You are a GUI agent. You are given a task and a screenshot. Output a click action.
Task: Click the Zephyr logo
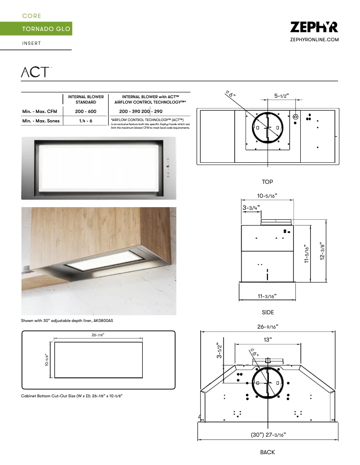(314, 27)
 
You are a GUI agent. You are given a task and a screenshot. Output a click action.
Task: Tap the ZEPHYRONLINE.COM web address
(315, 40)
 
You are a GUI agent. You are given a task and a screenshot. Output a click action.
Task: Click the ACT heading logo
(35, 72)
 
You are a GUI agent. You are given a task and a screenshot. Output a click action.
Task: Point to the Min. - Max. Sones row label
(41, 121)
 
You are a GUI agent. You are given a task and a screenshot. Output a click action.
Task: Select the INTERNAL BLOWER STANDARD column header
(86, 99)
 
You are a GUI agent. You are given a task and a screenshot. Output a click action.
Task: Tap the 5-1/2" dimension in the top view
(285, 96)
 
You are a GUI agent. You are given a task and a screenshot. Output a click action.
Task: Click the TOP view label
(268, 182)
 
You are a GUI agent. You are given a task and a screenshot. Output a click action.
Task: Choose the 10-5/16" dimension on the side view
(267, 196)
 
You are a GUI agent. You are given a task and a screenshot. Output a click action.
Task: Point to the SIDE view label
(268, 312)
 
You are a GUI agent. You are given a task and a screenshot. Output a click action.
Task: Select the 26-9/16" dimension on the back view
(268, 326)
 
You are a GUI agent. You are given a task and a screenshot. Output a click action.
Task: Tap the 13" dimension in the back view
(268, 340)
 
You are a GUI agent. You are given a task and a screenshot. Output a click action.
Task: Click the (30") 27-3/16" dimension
(268, 435)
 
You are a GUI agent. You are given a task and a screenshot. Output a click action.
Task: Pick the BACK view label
(268, 452)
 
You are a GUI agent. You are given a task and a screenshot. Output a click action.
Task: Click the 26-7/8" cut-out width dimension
(99, 335)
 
